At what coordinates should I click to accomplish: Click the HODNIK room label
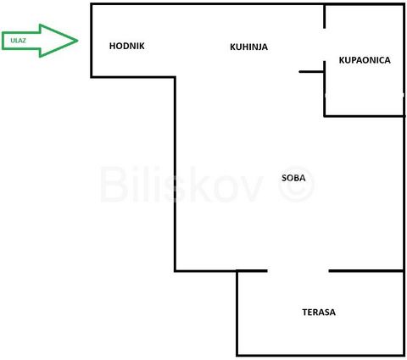[x=127, y=46]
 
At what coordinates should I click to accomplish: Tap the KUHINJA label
[x=248, y=47]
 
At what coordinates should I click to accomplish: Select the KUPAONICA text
[x=365, y=60]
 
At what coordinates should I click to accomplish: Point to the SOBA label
[x=293, y=178]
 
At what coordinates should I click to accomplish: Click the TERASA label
[x=319, y=312]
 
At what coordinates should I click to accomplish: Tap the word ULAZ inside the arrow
[x=18, y=41]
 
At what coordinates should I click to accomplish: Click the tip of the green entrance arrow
[x=78, y=41]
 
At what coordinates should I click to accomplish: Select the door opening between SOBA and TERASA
[x=298, y=271]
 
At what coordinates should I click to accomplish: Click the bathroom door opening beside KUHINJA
[x=325, y=45]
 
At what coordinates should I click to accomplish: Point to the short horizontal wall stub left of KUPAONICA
[x=311, y=72]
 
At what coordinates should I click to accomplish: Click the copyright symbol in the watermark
[x=296, y=184]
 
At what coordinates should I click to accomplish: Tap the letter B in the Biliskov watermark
[x=113, y=184]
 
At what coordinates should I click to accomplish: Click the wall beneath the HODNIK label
[x=133, y=77]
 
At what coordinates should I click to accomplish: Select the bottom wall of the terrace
[x=321, y=355]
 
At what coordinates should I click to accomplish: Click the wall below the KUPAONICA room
[x=365, y=116]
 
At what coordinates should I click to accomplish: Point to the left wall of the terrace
[x=237, y=313]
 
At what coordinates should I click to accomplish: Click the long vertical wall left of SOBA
[x=176, y=174]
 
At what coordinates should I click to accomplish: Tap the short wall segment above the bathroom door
[x=325, y=16]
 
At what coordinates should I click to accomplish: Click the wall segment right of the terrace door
[x=366, y=271]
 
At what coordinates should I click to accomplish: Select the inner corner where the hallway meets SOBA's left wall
[x=176, y=77]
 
